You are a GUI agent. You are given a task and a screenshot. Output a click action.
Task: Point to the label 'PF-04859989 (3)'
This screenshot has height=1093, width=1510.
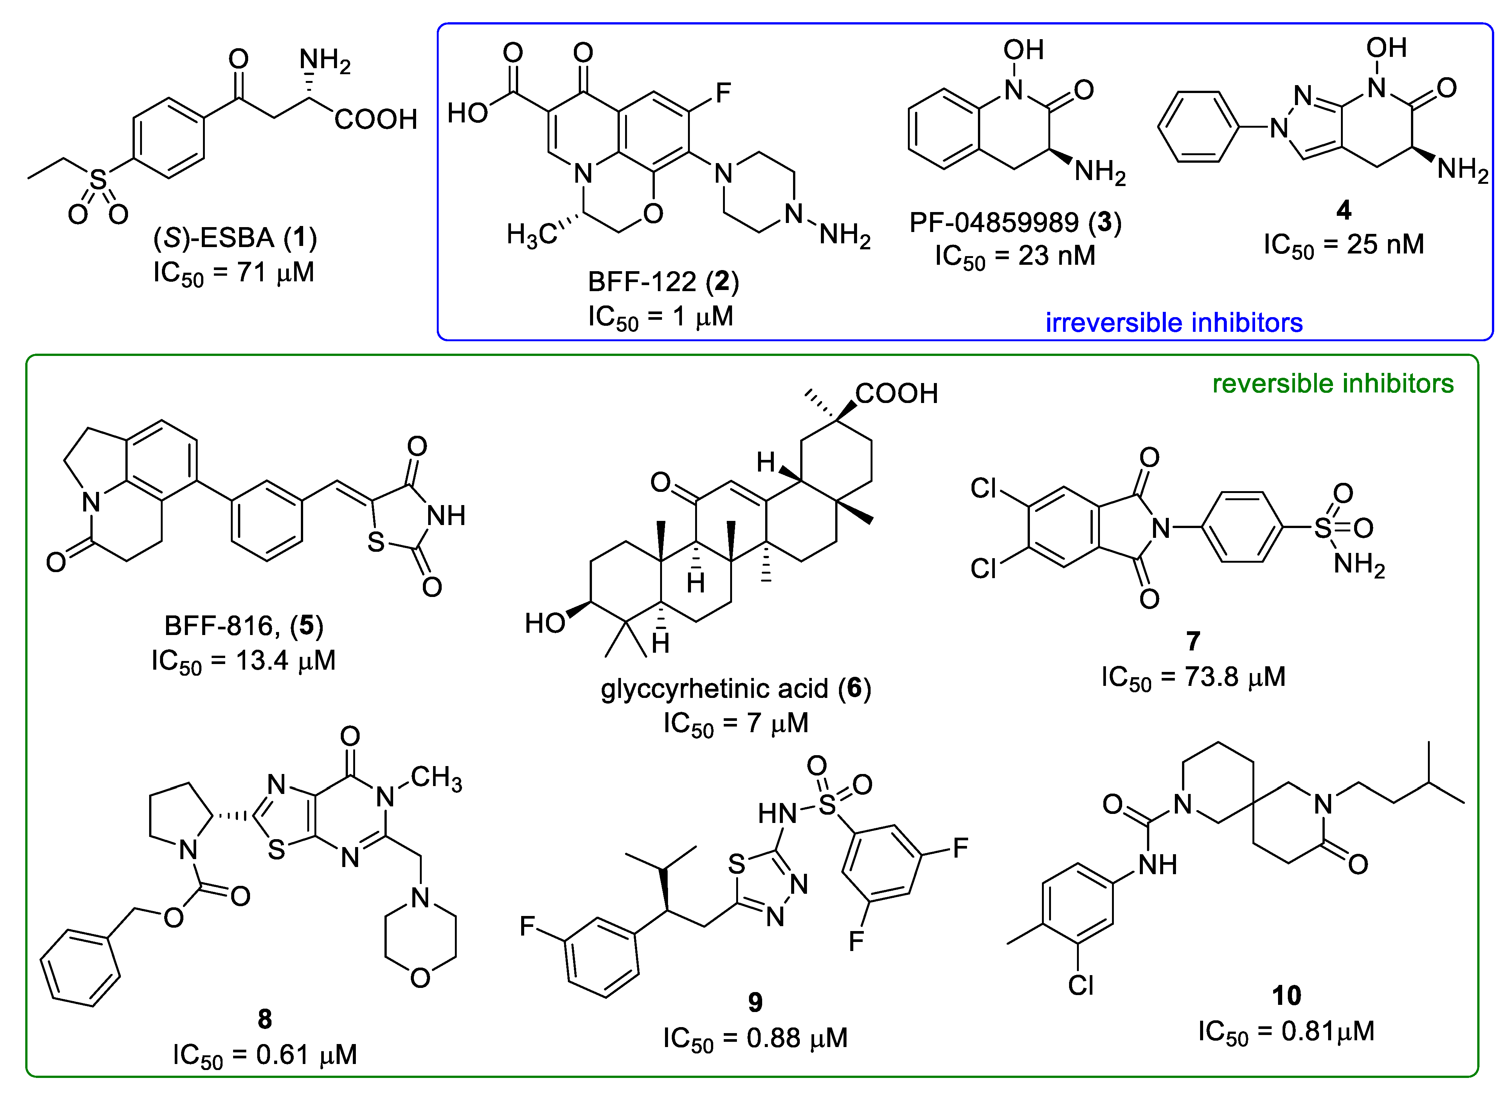[1015, 223]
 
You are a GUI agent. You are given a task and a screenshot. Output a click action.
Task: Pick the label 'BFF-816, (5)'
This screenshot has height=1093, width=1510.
[244, 626]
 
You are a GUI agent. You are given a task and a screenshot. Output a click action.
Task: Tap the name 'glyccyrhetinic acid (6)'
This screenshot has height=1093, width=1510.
[736, 688]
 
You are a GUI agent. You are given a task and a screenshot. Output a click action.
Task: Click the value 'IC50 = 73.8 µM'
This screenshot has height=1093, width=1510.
[1193, 677]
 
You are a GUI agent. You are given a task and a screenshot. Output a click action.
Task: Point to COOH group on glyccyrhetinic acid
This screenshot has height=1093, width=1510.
[896, 394]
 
